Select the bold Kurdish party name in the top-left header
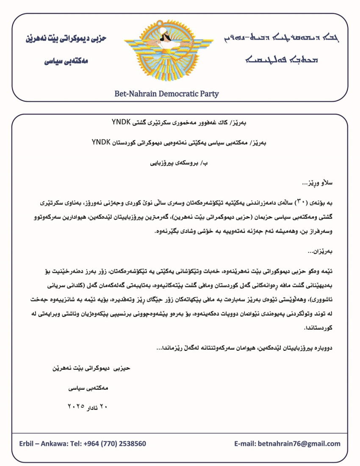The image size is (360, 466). [x=66, y=38]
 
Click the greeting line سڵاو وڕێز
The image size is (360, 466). [x=318, y=183]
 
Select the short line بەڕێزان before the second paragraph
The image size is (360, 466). [x=321, y=252]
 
